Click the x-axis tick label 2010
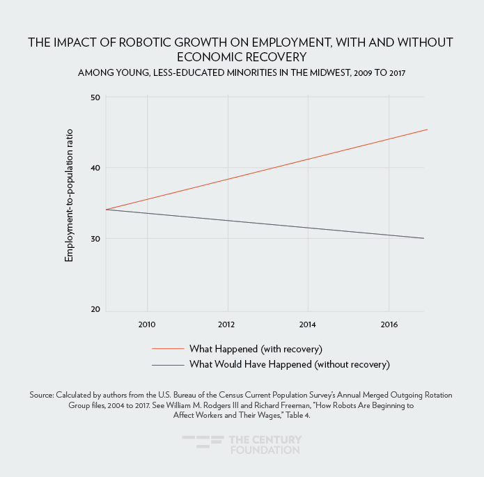point(147,324)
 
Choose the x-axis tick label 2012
point(227,324)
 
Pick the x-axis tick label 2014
point(307,324)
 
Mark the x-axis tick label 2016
point(388,324)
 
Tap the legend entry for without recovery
point(289,364)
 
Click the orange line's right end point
point(426,130)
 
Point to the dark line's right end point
point(423,238)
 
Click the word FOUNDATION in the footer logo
point(265,450)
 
